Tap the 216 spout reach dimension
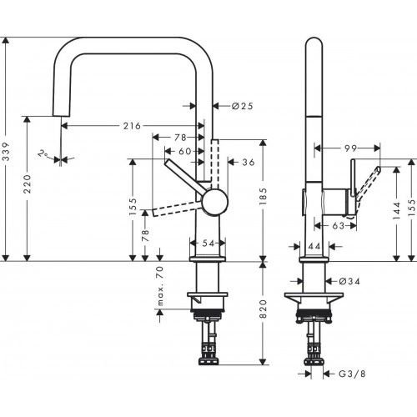pyautogui.click(x=131, y=126)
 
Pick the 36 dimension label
pyautogui.click(x=249, y=163)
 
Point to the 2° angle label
pyautogui.click(x=43, y=154)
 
